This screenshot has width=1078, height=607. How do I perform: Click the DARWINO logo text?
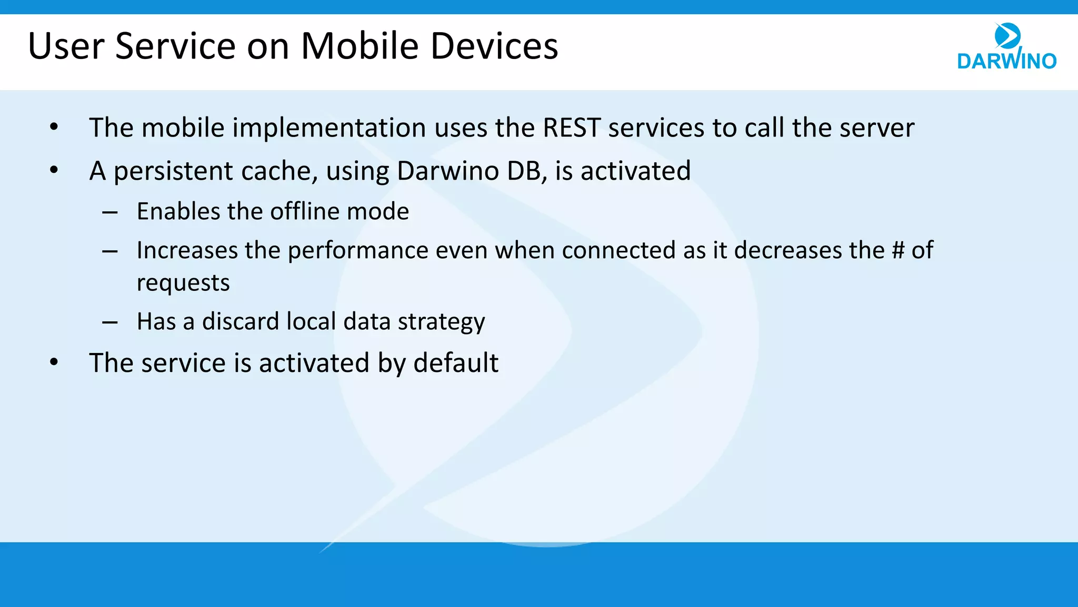(1006, 61)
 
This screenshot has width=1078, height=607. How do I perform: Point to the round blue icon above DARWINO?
(1007, 36)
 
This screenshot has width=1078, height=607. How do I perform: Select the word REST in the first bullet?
(571, 128)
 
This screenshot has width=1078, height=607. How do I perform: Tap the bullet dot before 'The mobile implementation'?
(54, 127)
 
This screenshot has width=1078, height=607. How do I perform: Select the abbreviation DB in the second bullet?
(524, 171)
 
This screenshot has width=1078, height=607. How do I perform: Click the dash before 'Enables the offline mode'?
(110, 212)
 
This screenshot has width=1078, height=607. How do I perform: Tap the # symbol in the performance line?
(898, 250)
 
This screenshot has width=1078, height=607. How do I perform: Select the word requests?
(183, 283)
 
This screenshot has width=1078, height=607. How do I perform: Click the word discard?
(240, 321)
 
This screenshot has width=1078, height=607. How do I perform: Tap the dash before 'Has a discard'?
(110, 322)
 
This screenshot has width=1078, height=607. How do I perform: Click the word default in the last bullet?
(455, 363)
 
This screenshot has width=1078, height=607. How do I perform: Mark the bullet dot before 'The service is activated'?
(54, 363)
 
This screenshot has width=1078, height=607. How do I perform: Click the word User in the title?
(66, 46)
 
